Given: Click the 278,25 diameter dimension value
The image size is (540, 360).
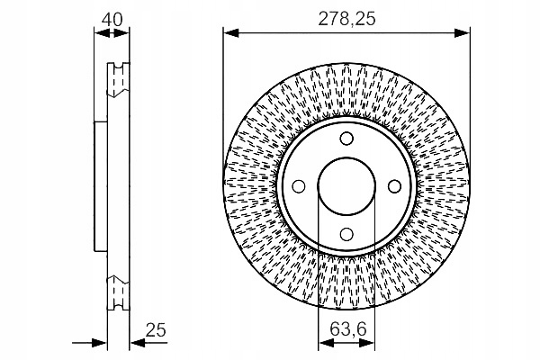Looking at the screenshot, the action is pyautogui.click(x=346, y=19).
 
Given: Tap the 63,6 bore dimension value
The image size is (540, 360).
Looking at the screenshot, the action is pyautogui.click(x=347, y=329).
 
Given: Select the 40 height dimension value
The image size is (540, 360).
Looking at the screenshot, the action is pyautogui.click(x=112, y=20).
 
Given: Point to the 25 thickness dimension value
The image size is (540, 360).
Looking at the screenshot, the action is pyautogui.click(x=156, y=330).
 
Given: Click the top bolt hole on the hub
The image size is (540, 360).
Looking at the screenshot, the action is pyautogui.click(x=346, y=139).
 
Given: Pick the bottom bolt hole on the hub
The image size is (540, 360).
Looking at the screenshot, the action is pyautogui.click(x=346, y=234).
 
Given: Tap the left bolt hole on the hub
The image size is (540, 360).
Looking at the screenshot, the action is pyautogui.click(x=299, y=186).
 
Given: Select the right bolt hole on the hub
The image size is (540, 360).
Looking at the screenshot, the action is pyautogui.click(x=394, y=186).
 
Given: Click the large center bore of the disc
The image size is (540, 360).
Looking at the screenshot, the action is pyautogui.click(x=346, y=186).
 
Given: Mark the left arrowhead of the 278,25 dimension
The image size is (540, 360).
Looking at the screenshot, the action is pyautogui.click(x=230, y=33).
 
